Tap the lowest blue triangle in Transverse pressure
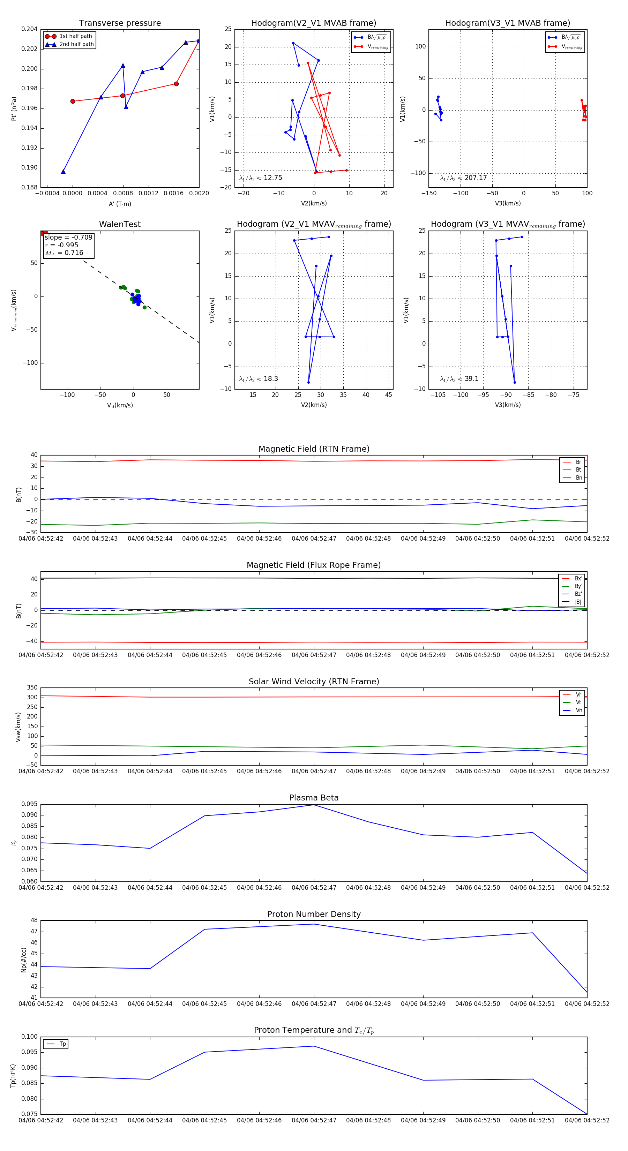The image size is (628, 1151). (x=63, y=172)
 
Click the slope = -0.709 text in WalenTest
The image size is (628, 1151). (x=68, y=237)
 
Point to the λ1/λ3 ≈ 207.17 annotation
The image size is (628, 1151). (x=464, y=178)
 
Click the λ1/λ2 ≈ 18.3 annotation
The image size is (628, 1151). (x=258, y=379)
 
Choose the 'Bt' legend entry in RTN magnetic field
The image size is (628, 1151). (x=578, y=469)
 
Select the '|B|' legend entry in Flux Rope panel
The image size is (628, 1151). (x=578, y=602)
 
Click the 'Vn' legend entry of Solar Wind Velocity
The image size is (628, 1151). (x=578, y=710)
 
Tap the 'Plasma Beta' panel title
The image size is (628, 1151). (x=314, y=798)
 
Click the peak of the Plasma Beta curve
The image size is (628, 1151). (x=314, y=805)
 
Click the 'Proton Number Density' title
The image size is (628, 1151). (x=314, y=914)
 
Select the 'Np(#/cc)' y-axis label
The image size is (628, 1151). (x=24, y=960)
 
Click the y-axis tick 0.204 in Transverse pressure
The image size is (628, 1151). (x=30, y=29)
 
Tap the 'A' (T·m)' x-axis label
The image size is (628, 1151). (x=120, y=204)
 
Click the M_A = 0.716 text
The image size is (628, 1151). (x=64, y=253)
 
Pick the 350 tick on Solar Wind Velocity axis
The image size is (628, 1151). (x=32, y=688)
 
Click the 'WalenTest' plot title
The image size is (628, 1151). (x=120, y=224)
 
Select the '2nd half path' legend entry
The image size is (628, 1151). (x=76, y=44)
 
